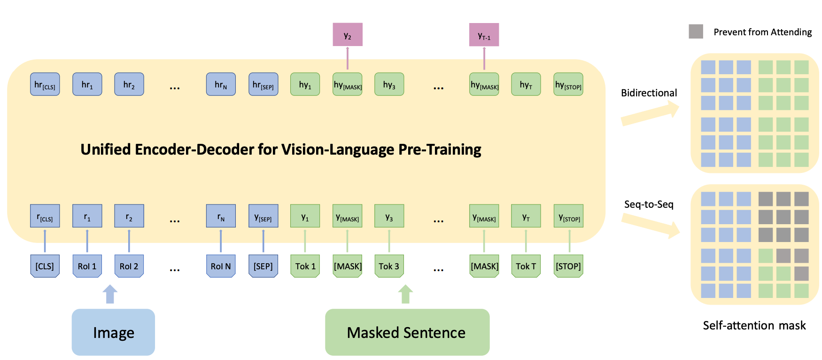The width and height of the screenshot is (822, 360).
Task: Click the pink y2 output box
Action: coord(348,35)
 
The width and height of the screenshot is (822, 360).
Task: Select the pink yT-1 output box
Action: coord(484,35)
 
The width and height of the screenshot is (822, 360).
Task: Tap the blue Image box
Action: coord(113,332)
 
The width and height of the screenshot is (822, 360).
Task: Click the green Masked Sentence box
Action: coord(407,332)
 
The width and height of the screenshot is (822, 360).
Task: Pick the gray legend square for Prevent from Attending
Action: coord(696,31)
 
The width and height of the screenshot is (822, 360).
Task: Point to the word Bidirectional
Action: coord(649,93)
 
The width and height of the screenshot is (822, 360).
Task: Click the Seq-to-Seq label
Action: coord(649,204)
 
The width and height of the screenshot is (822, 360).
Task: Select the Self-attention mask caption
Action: coord(754,325)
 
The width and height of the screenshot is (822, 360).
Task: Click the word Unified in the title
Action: coord(106,149)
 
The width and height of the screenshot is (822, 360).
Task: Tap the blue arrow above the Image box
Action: coord(110,294)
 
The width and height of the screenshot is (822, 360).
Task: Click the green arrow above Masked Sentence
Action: coord(405,294)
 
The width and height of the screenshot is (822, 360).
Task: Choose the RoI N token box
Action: coord(221,266)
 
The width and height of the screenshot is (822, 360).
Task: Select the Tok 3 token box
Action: coord(389,266)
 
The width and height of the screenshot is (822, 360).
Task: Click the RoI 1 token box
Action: coord(87,266)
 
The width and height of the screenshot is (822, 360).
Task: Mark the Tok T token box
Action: coord(526,266)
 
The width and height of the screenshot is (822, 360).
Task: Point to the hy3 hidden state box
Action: coord(389,85)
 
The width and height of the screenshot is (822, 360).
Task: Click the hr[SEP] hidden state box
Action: coord(263,85)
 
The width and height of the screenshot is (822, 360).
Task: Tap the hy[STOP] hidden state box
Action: coord(568,85)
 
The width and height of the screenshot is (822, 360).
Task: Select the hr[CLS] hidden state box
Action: coord(45,85)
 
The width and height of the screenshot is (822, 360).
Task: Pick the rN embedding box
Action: coord(221,216)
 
